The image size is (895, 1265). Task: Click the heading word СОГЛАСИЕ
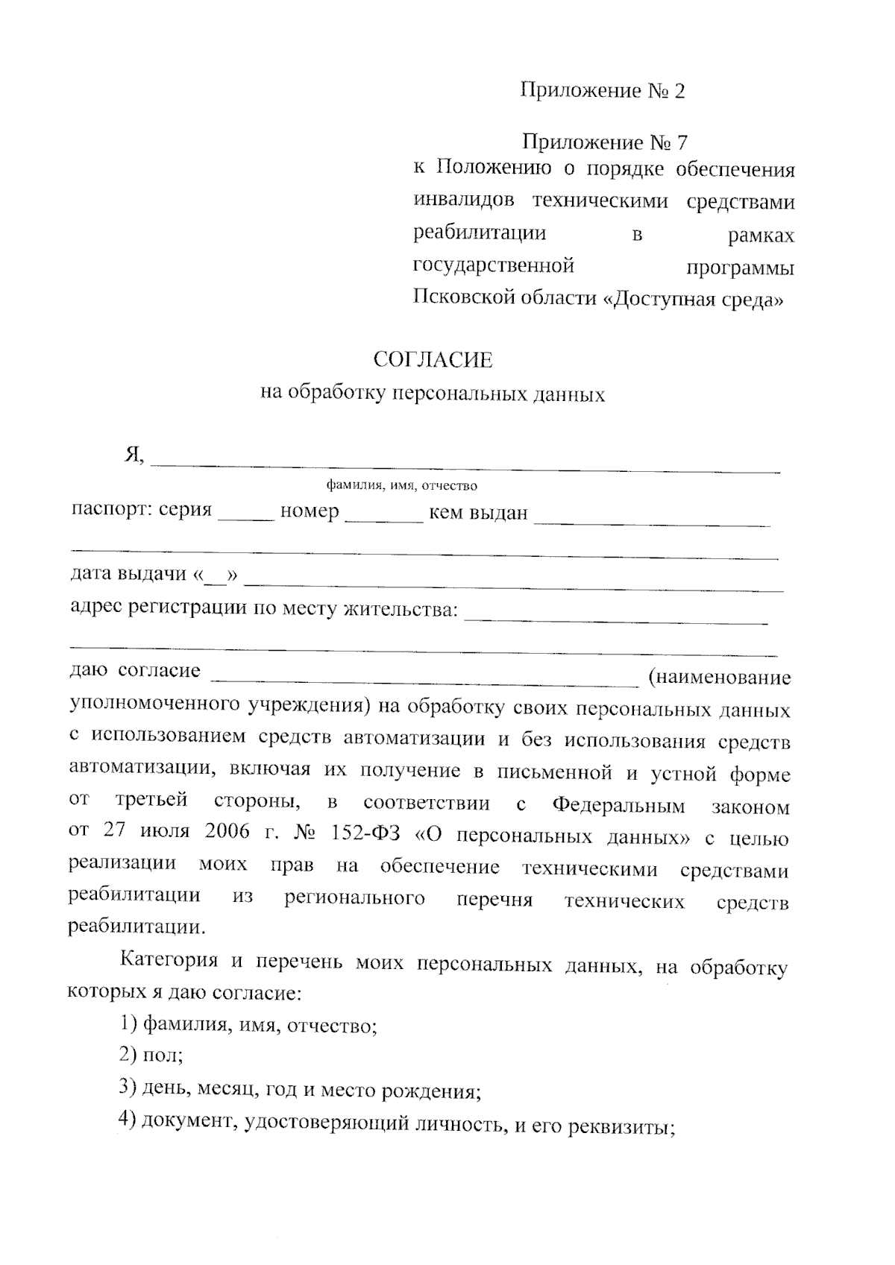coord(433,361)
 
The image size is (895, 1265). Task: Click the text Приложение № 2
coord(602,91)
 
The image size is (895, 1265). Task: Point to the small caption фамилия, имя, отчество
coord(402,486)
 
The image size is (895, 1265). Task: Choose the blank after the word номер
coord(384,517)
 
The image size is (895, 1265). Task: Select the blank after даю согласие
coord(426,679)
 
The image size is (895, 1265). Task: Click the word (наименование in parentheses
coord(719,678)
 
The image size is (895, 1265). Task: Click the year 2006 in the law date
coord(226,833)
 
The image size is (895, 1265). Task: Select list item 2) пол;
coord(151,1056)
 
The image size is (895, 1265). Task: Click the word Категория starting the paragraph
coord(169,960)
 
